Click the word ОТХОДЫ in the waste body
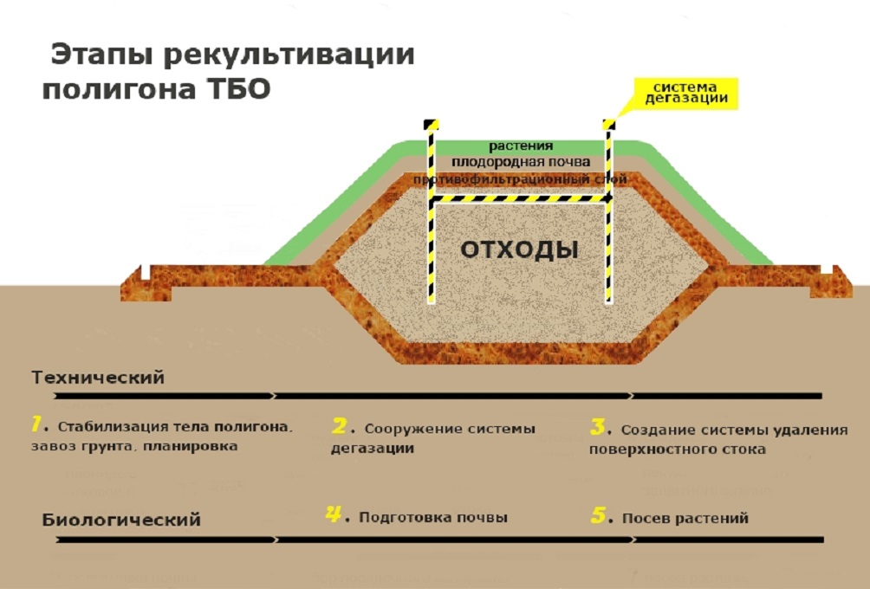tap(519, 250)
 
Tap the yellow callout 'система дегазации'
tap(685, 94)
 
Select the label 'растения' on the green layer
tap(520, 146)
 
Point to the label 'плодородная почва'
tap(520, 162)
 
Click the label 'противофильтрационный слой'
tap(520, 178)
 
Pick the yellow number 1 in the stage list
tap(37, 424)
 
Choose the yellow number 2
tap(339, 425)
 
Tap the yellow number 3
tap(597, 426)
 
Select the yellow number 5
tap(597, 515)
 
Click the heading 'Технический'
tap(98, 379)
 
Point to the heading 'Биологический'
tap(121, 520)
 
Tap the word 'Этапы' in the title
tap(101, 55)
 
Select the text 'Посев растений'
tap(685, 518)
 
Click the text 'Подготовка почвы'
tap(433, 517)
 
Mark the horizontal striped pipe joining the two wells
tap(520, 199)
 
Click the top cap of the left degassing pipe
tap(430, 125)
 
